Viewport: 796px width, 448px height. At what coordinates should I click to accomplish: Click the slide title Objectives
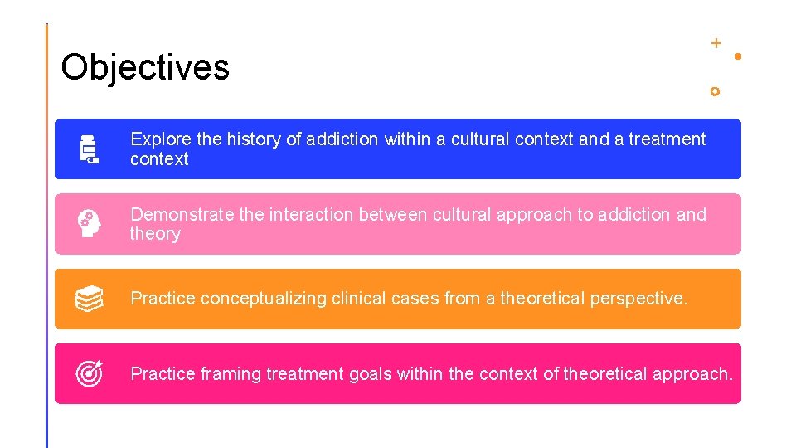(x=145, y=67)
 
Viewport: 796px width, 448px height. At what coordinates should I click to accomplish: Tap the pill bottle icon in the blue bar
(x=89, y=149)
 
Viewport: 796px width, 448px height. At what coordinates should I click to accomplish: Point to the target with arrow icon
(x=90, y=374)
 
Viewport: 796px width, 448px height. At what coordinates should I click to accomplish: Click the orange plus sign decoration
(x=716, y=42)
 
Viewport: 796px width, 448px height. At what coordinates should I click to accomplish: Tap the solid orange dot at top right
(x=738, y=56)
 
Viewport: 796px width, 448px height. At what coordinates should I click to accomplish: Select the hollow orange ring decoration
(x=715, y=91)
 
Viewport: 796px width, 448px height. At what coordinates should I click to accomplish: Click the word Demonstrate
(x=182, y=215)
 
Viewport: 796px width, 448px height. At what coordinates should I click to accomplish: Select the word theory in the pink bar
(x=155, y=235)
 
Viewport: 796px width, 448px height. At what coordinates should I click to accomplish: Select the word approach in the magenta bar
(x=692, y=374)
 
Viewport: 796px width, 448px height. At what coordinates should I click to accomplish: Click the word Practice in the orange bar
(x=163, y=299)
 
